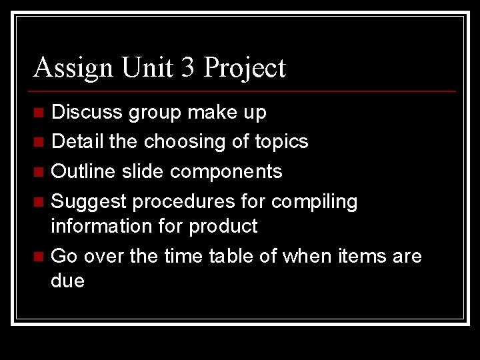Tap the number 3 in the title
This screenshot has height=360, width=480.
189,68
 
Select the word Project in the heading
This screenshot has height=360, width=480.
245,68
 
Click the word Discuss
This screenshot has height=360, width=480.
87,112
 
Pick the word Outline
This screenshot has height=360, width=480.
82,171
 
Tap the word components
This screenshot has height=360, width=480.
226,172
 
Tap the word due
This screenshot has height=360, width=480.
68,281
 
